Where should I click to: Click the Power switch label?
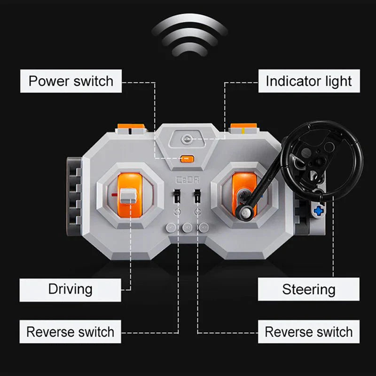pos(71,81)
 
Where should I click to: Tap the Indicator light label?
pos(309,81)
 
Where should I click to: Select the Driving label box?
pos(70,290)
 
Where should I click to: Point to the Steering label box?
pos(309,289)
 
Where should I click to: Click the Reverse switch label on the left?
pos(70,332)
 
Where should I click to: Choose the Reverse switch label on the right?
pos(309,332)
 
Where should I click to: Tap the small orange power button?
pos(187,159)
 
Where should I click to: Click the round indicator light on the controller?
pos(187,139)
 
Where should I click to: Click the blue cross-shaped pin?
pos(319,211)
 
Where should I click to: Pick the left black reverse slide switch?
pos(177,196)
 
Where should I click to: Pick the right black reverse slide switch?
pos(197,196)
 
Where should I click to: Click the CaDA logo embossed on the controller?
pos(187,180)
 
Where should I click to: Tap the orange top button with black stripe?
pos(131,128)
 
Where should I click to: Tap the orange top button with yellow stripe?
pos(243,128)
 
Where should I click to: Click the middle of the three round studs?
pos(187,227)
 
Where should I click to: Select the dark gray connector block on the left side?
pos(74,196)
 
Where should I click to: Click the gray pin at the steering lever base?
pos(245,212)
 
